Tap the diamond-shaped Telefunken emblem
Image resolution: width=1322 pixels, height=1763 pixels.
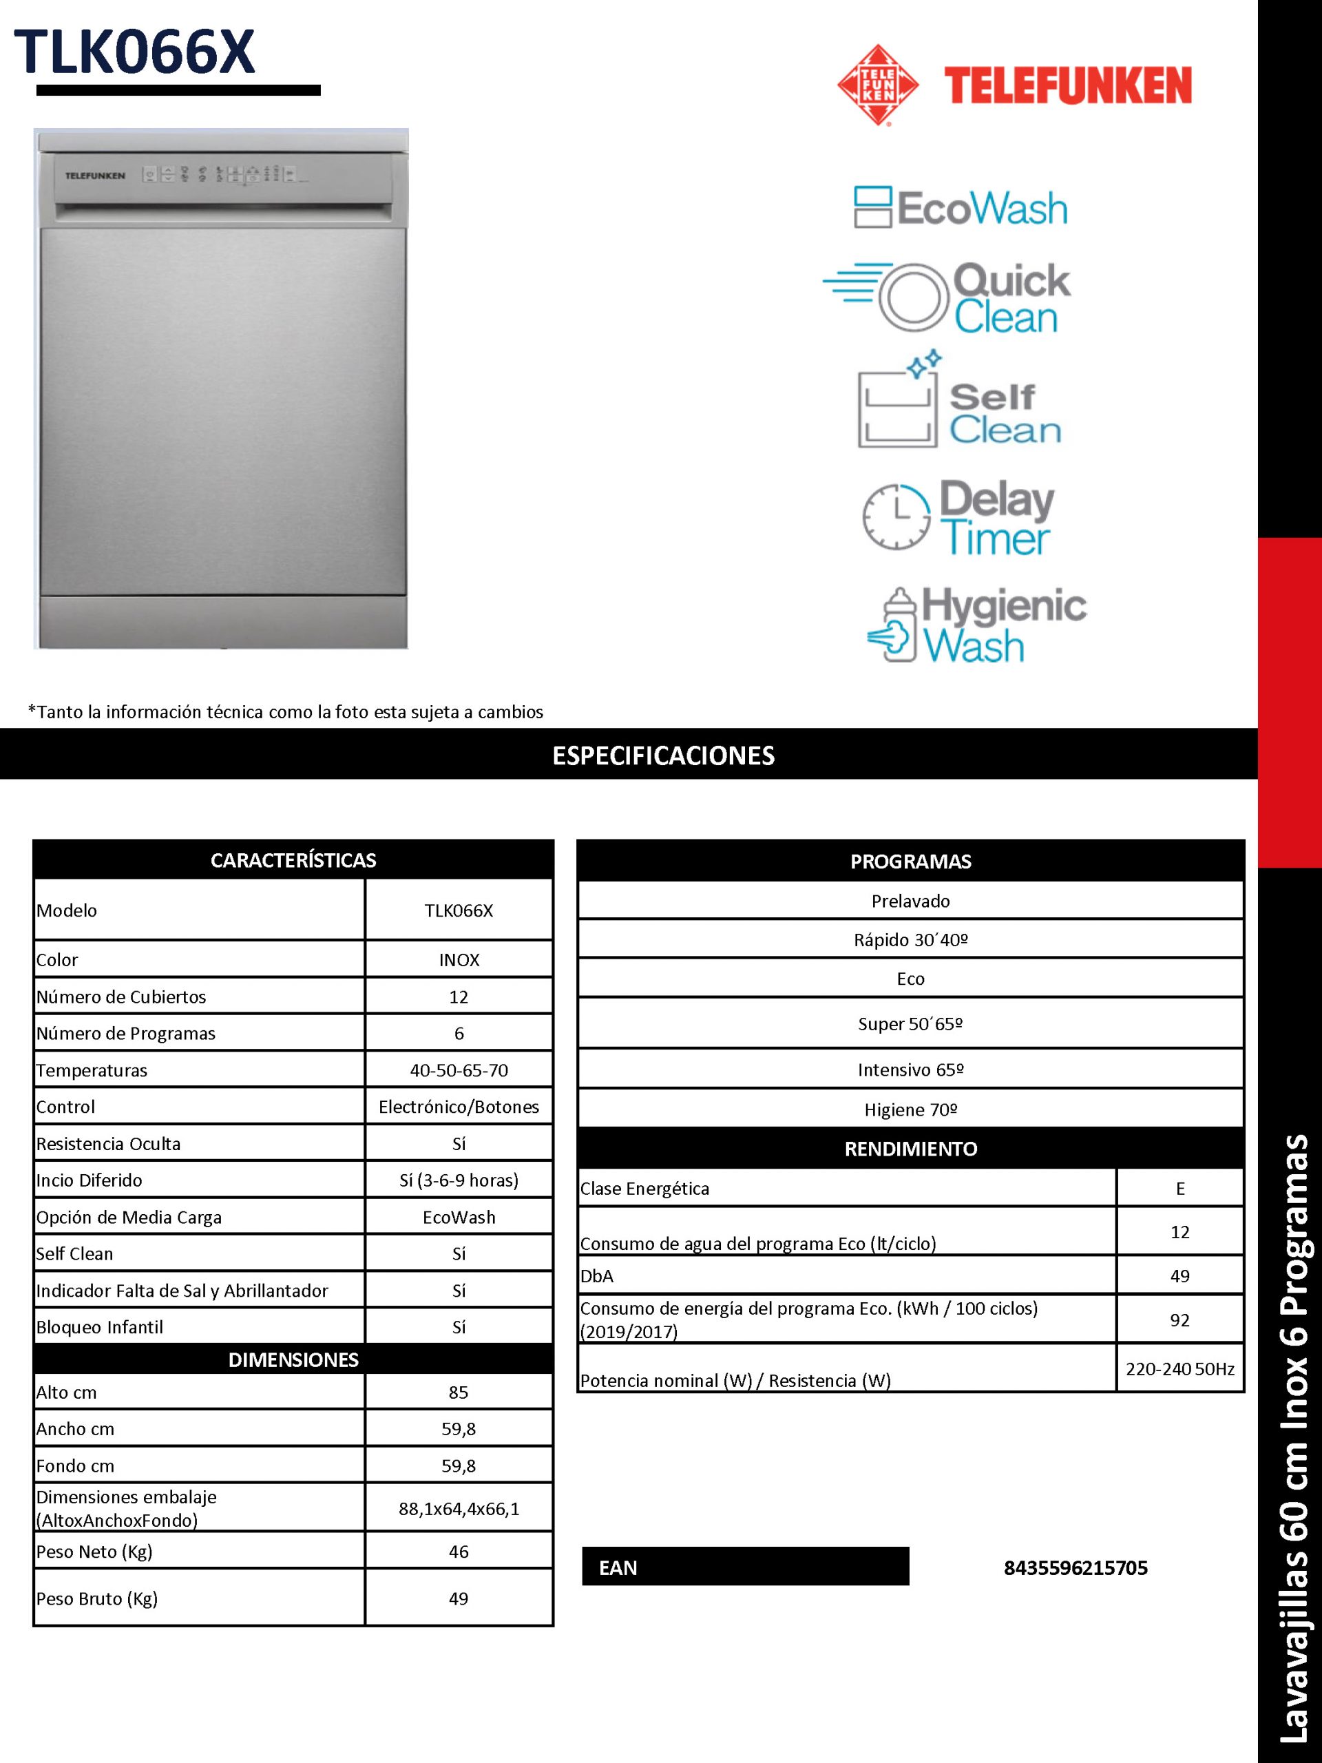tap(877, 85)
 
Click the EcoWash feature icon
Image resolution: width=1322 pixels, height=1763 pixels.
tap(872, 207)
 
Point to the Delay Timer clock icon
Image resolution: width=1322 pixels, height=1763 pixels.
tap(896, 516)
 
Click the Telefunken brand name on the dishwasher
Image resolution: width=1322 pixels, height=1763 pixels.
tap(95, 176)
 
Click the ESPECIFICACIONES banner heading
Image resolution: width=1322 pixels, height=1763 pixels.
tap(663, 755)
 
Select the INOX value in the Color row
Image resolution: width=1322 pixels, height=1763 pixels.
tap(459, 959)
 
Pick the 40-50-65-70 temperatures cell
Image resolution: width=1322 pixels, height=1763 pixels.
tap(459, 1070)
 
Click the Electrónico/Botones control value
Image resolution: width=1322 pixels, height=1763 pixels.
tap(459, 1106)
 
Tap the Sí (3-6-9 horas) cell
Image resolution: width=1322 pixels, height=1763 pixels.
tap(459, 1180)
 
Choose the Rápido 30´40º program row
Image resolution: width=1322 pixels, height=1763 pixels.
tap(910, 939)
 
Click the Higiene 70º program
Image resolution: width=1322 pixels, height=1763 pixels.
tap(910, 1109)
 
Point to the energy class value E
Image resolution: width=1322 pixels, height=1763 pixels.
tap(1180, 1189)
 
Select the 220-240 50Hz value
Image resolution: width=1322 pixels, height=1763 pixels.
tap(1180, 1368)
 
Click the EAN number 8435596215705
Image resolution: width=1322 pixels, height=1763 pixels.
tap(1076, 1567)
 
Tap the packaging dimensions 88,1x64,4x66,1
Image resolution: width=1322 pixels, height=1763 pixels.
tap(459, 1508)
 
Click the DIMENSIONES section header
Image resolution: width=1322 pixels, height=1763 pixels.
tap(293, 1359)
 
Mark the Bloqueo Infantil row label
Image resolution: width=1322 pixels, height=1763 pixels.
tap(100, 1327)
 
